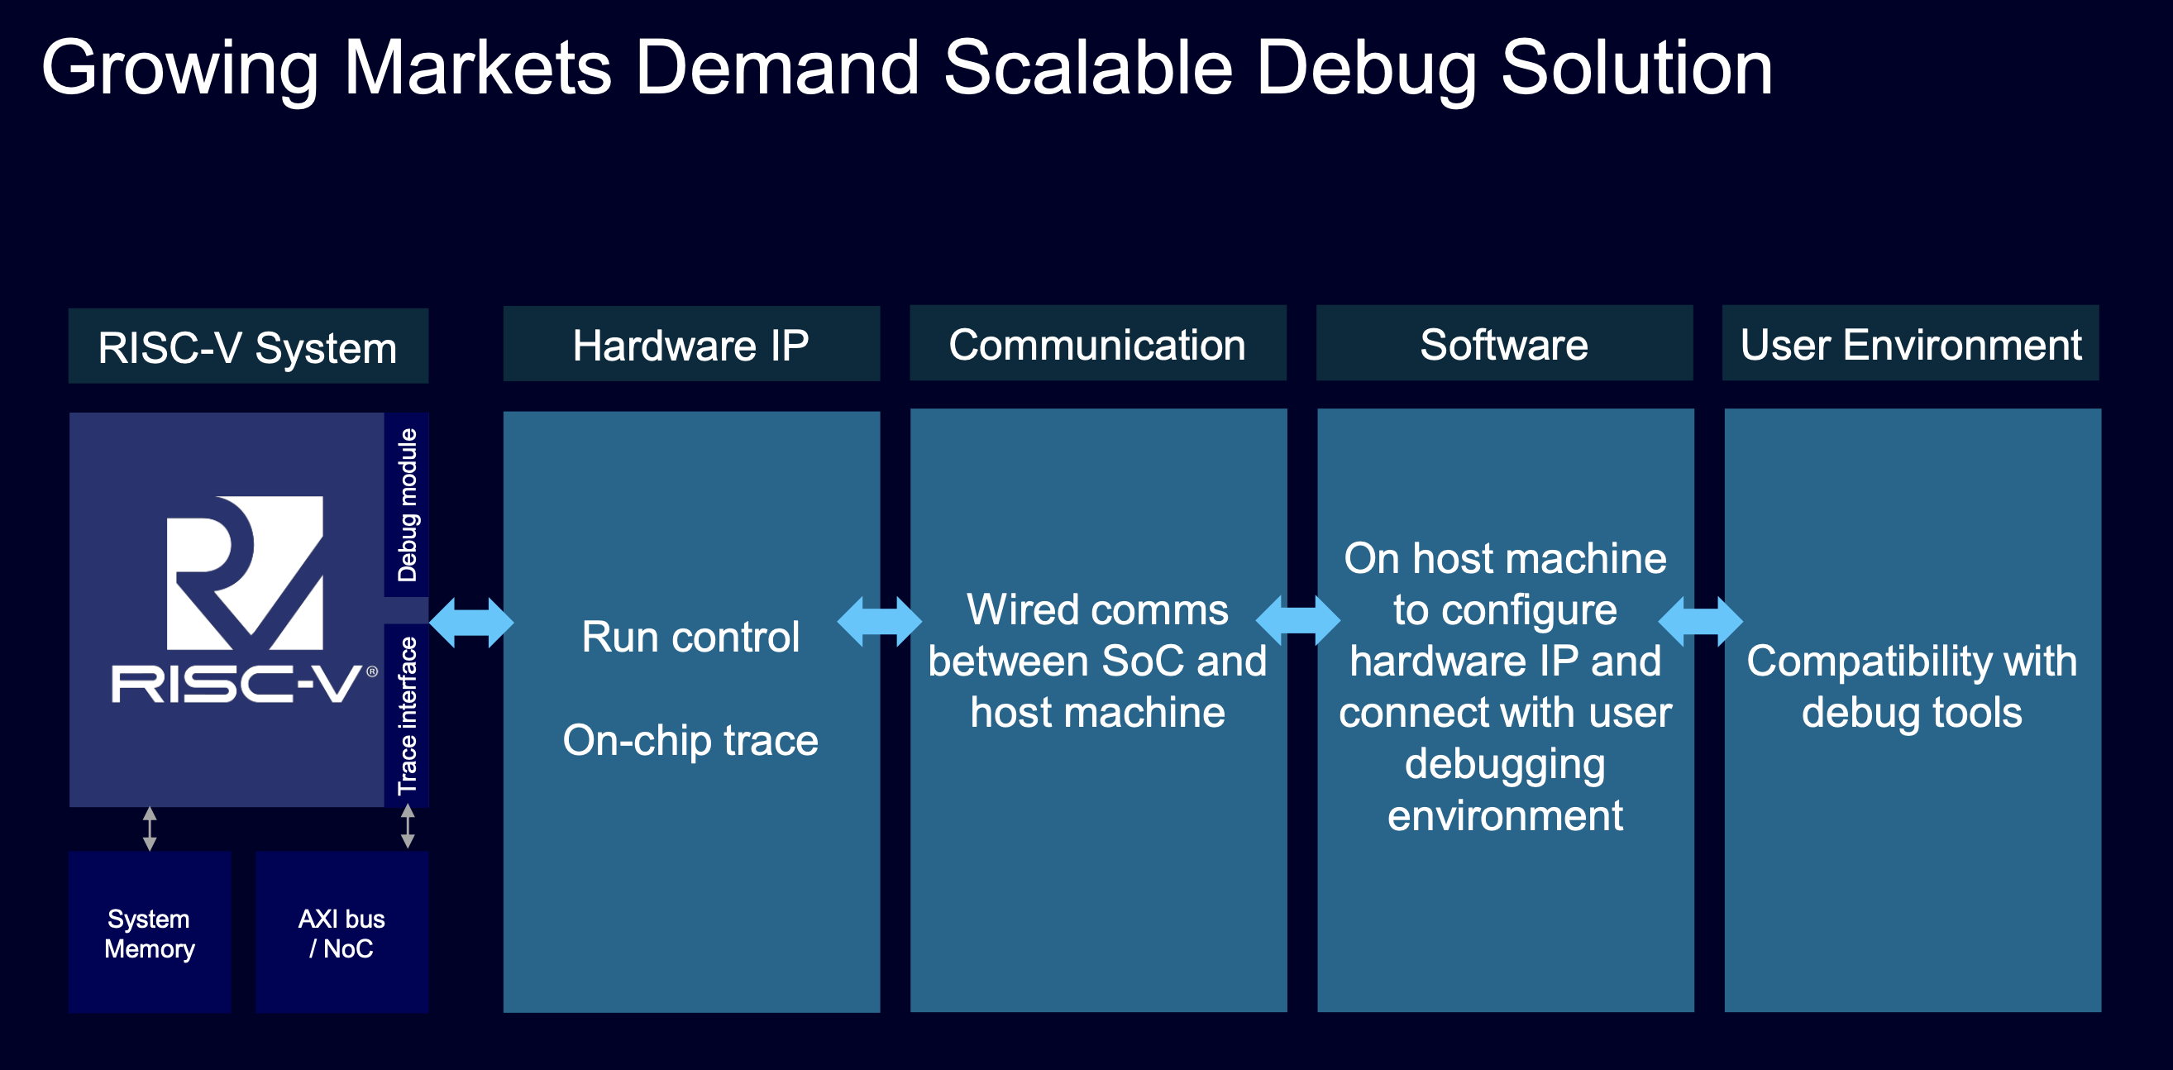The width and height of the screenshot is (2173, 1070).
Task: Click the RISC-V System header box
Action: point(248,346)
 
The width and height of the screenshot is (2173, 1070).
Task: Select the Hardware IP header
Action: point(691,343)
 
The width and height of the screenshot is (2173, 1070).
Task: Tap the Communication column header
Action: point(1097,342)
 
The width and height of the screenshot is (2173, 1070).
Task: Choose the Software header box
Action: point(1504,342)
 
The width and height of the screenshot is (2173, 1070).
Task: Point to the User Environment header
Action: point(1911,342)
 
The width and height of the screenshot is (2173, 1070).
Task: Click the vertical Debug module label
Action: point(407,504)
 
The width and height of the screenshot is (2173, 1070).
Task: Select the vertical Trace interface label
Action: point(407,715)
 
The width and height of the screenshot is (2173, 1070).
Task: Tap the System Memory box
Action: point(150,933)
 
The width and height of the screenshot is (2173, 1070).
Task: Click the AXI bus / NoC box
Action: point(341,933)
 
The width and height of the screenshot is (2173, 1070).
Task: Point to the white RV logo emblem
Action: point(245,573)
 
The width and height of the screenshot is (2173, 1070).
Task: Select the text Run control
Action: point(690,636)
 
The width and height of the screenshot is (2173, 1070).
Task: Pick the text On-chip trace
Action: point(690,740)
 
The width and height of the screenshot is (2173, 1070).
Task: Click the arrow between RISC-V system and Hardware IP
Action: point(470,622)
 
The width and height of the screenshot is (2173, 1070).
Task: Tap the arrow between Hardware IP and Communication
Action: point(879,622)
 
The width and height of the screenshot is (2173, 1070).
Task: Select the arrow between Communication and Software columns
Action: point(1297,622)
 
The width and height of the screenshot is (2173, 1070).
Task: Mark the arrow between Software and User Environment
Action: point(1700,622)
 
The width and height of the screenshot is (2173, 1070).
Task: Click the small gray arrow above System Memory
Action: point(150,829)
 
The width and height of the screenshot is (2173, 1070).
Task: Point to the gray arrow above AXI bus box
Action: point(408,826)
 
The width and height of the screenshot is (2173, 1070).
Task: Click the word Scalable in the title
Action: point(1088,68)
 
